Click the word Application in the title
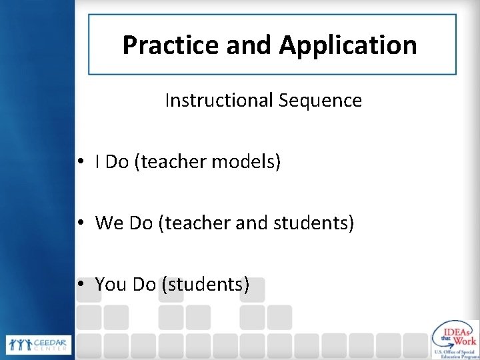pos(348,45)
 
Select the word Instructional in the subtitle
pos(218,101)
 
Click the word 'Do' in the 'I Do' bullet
pos(117,162)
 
